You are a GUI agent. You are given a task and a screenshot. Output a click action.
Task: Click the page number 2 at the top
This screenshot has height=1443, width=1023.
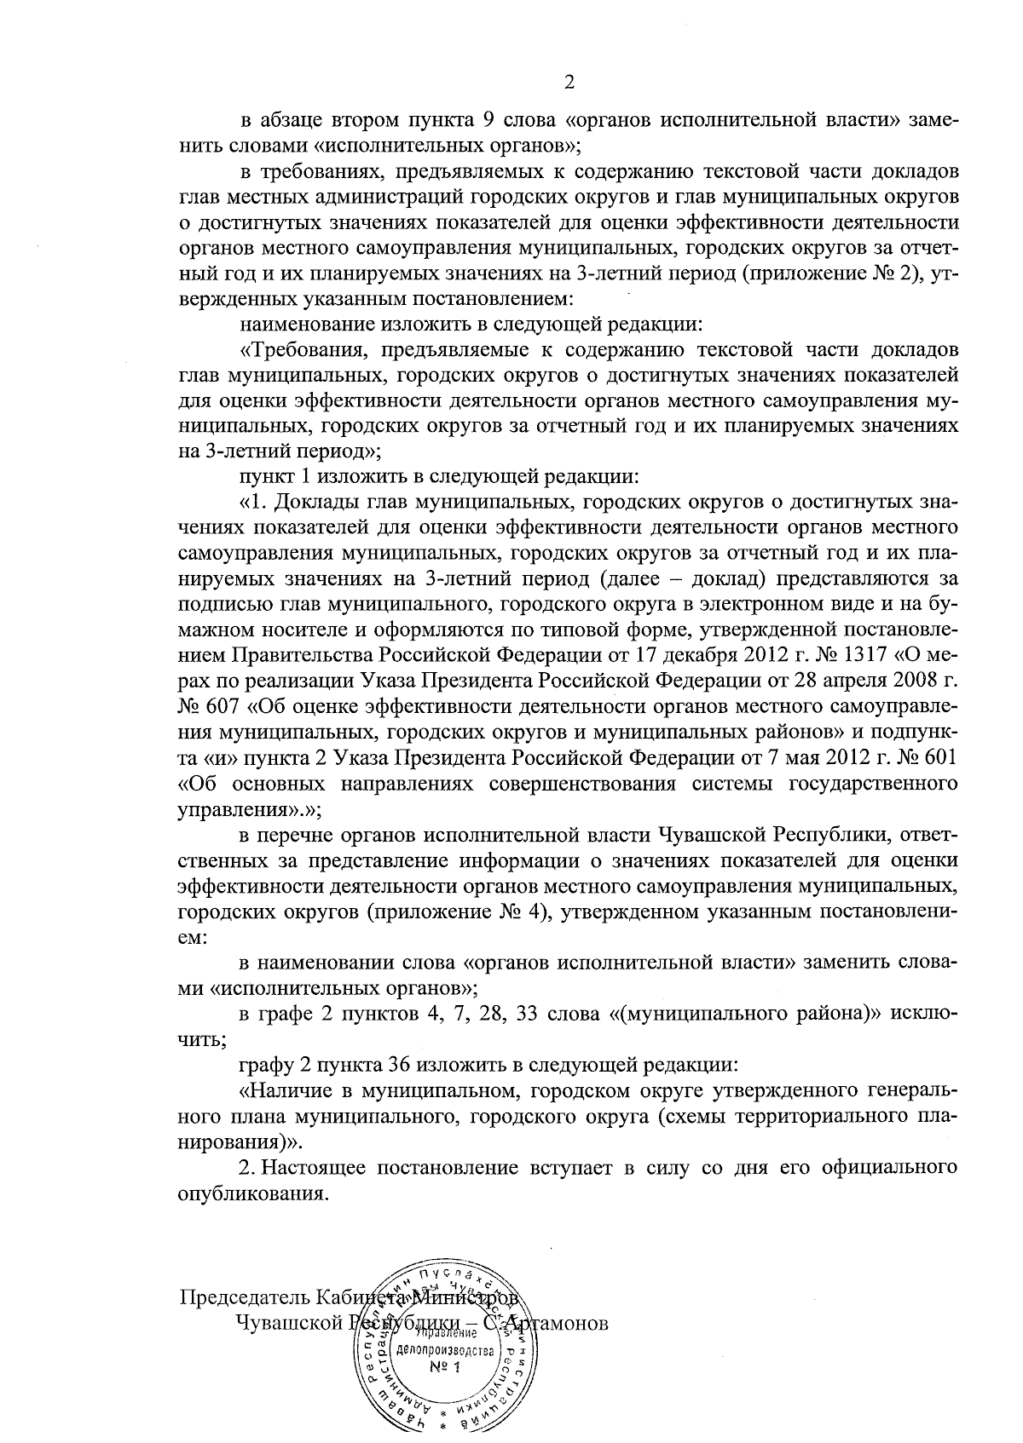(x=569, y=82)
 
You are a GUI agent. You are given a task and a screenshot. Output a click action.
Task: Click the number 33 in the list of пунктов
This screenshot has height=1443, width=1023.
(x=529, y=1015)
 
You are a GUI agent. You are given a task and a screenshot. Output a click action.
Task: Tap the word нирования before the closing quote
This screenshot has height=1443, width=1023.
(x=229, y=1141)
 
